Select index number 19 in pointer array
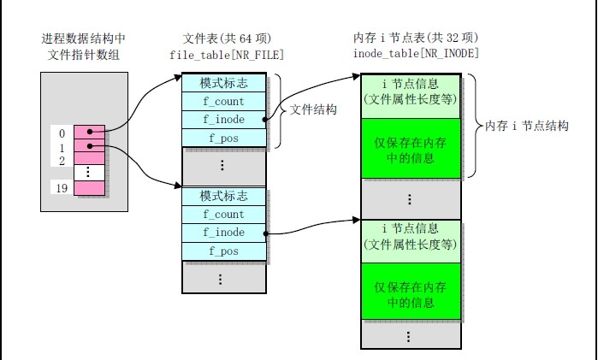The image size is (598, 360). (61, 187)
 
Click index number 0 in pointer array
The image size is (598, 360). (61, 133)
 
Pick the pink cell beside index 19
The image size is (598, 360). (89, 187)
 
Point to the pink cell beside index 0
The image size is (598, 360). (89, 133)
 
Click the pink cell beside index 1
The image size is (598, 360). (89, 147)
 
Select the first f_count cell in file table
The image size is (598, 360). (223, 101)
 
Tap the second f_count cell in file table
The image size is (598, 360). (223, 215)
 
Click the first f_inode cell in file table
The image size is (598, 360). (223, 119)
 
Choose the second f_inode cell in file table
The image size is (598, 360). (223, 233)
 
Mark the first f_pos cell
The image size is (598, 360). (223, 137)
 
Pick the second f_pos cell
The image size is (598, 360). (223, 251)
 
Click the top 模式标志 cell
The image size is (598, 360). (223, 83)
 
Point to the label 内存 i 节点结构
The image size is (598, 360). (526, 126)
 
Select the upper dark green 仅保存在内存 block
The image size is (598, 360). (411, 148)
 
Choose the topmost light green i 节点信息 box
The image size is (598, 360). (411, 93)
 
